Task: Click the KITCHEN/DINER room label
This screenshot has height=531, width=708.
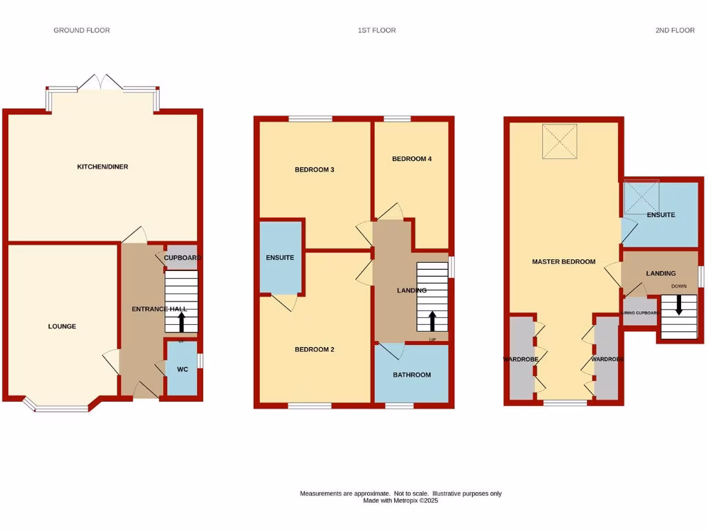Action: (102, 167)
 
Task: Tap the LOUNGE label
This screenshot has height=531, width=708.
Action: (62, 326)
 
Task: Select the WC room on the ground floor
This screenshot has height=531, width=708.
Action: (183, 369)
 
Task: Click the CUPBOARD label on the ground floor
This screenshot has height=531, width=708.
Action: (183, 258)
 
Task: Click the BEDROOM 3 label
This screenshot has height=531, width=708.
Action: (315, 169)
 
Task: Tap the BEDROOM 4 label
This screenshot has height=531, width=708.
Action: (411, 159)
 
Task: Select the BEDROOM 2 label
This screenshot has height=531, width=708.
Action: (315, 349)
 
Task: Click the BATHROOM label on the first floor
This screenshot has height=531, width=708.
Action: (412, 375)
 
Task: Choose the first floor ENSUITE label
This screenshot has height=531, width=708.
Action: (280, 258)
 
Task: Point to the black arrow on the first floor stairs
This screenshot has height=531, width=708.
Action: (433, 321)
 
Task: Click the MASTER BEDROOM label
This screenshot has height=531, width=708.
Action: (563, 261)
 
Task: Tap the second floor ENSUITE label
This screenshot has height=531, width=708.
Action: (661, 215)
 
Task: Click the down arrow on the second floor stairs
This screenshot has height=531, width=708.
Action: (678, 305)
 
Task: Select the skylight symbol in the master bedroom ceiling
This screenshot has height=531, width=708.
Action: (559, 141)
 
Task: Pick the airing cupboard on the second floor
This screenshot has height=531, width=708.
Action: (639, 313)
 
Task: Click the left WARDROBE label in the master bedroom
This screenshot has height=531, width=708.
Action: (521, 360)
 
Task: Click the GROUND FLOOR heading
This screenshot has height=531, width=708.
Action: (82, 30)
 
